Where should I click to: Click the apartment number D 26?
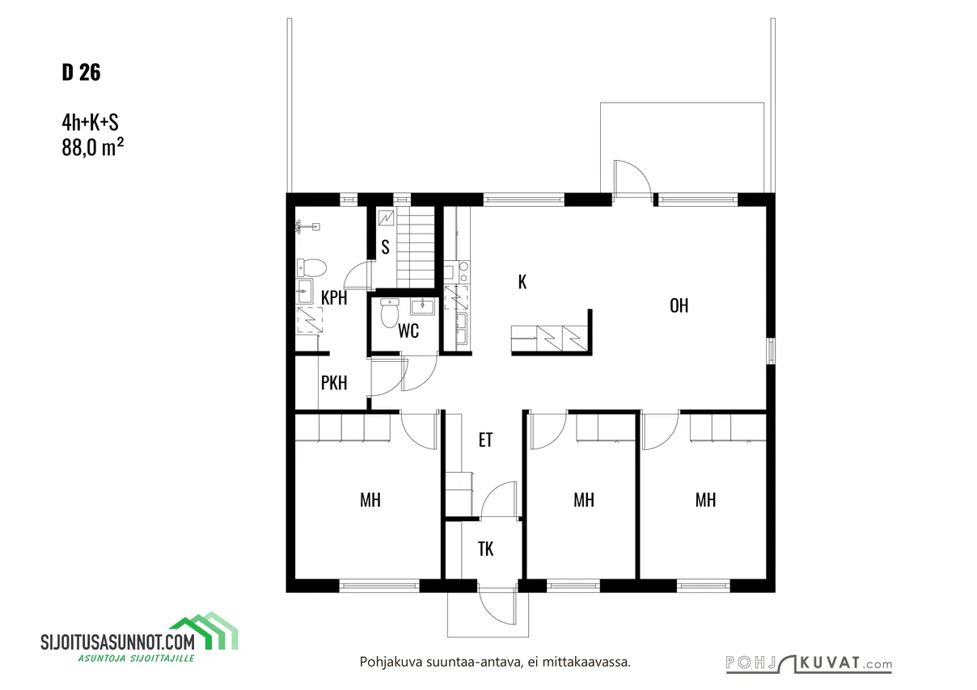point(81,72)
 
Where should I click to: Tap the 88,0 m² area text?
point(92,147)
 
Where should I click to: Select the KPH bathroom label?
point(334,298)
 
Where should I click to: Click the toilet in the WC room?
point(390,313)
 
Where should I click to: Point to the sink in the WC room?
point(422,306)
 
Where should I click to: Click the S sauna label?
point(385,247)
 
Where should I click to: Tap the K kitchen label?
point(522,282)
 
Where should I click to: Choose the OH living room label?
point(679,305)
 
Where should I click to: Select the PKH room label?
point(334,383)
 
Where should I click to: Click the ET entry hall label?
point(485,440)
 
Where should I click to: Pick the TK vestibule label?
point(485,549)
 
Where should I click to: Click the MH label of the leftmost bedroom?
point(370,500)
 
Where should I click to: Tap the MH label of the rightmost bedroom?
point(706,500)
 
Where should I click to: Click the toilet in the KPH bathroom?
point(311,267)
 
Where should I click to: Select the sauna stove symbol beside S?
point(386,218)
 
